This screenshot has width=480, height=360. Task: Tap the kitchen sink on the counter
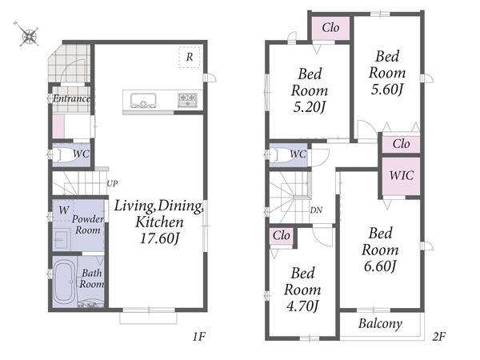pyautogui.click(x=143, y=101)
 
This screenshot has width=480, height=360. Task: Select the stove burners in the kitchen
pyautogui.click(x=187, y=100)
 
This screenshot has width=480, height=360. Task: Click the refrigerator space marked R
pyautogui.click(x=189, y=57)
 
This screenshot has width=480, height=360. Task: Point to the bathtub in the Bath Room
pyautogui.click(x=64, y=281)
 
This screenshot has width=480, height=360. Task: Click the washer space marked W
pyautogui.click(x=63, y=210)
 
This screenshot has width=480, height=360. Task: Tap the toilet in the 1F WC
pyautogui.click(x=66, y=154)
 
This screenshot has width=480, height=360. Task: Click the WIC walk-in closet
pyautogui.click(x=401, y=176)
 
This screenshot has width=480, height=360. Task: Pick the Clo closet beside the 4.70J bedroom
pyautogui.click(x=282, y=236)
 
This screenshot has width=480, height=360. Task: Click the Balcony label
pyautogui.click(x=380, y=324)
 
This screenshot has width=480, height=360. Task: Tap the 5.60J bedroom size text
pyautogui.click(x=387, y=90)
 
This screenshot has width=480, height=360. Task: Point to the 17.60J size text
pyautogui.click(x=159, y=238)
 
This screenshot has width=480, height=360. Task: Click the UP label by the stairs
pyautogui.click(x=112, y=184)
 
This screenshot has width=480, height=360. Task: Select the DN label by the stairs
pyautogui.click(x=316, y=210)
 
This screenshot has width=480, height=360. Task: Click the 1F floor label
pyautogui.click(x=199, y=337)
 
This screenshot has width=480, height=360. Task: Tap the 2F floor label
pyautogui.click(x=439, y=337)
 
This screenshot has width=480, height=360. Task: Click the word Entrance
pyautogui.click(x=72, y=98)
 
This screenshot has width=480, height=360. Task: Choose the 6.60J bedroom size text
pyautogui.click(x=380, y=266)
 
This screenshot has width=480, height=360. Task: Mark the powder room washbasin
pyautogui.click(x=62, y=240)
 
